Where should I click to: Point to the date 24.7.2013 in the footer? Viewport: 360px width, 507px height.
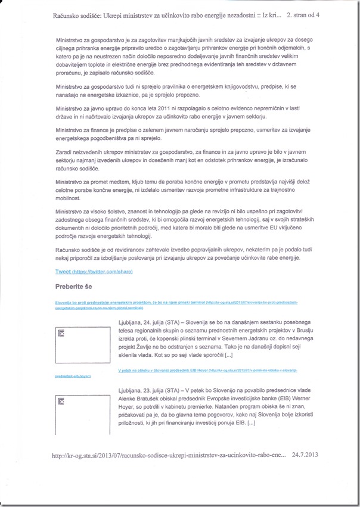click(306, 455)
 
